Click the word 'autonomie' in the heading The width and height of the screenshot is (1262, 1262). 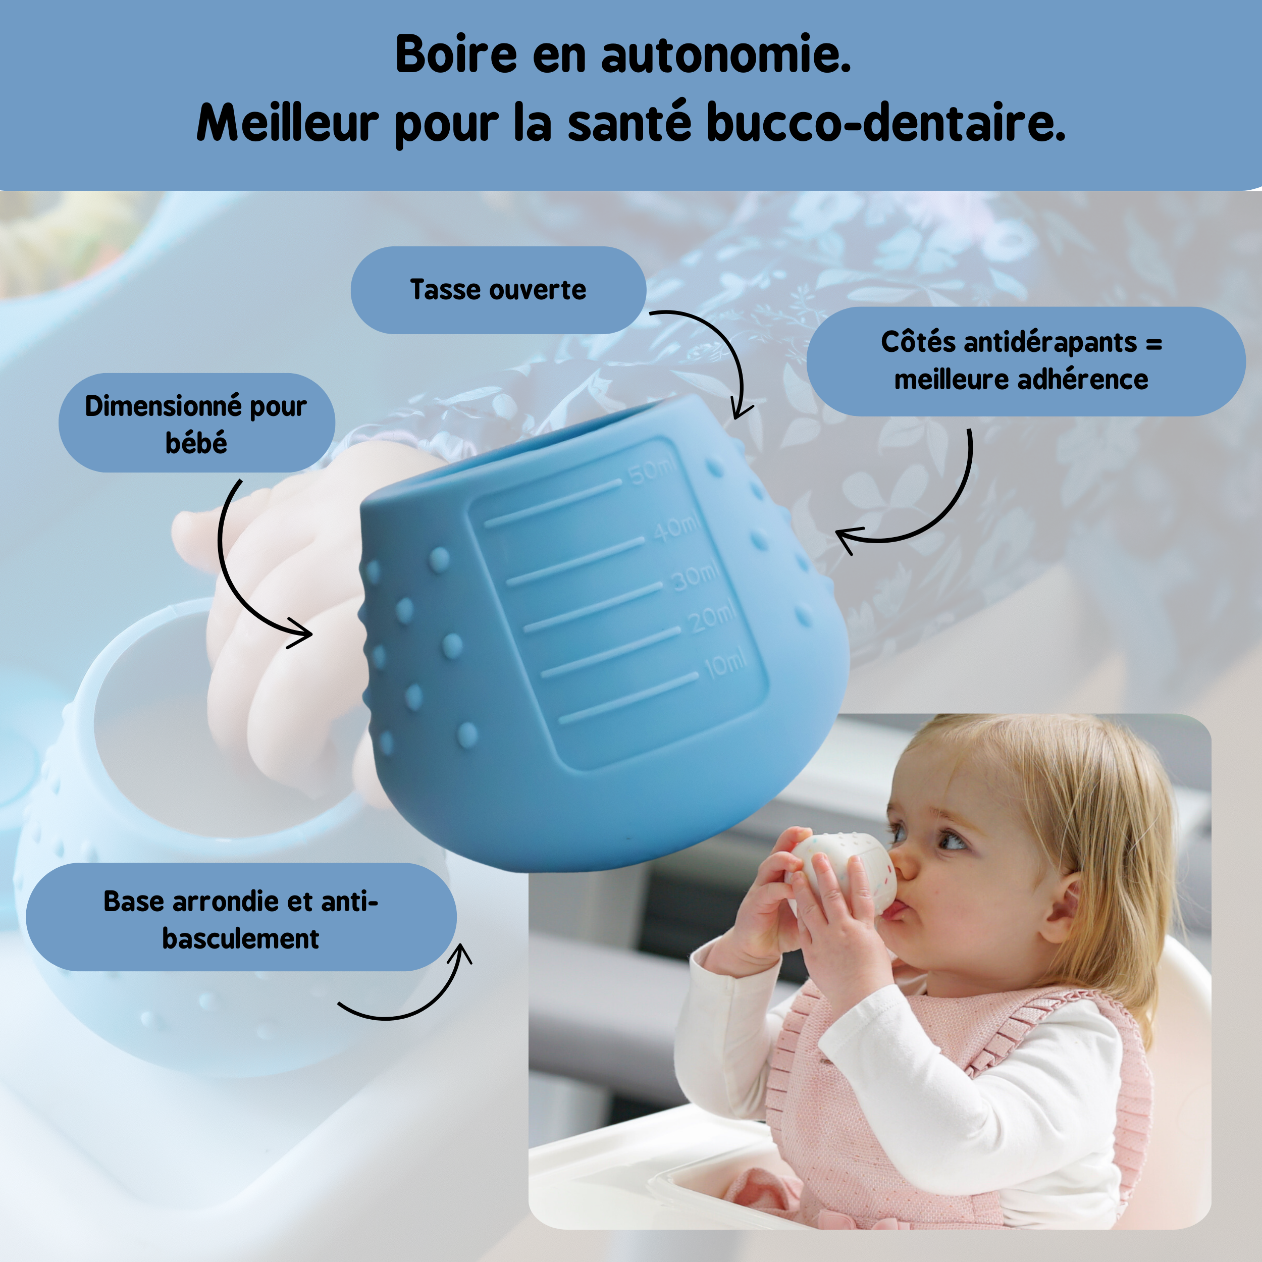[x=726, y=55]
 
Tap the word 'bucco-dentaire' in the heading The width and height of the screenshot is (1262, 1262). [x=886, y=123]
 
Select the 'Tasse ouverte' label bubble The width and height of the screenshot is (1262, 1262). [x=498, y=290]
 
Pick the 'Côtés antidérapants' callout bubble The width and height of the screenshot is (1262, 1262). [x=1026, y=361]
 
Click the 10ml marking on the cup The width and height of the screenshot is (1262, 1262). [x=725, y=664]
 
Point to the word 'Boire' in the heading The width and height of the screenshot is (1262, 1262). [x=456, y=55]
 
